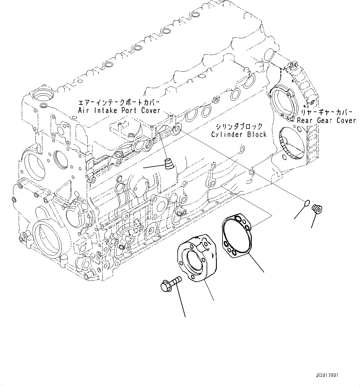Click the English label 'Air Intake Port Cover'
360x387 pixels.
(x=119, y=111)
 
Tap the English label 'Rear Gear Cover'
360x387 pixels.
(x=326, y=120)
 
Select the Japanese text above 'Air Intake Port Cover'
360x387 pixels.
(x=119, y=102)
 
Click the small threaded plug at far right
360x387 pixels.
(x=317, y=209)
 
